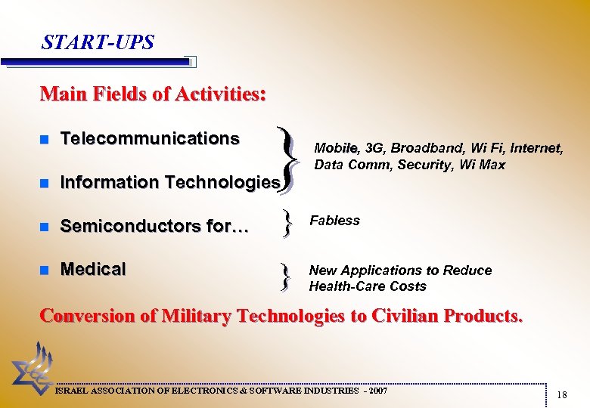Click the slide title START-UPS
click(98, 42)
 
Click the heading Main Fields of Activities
click(153, 94)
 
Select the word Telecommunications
click(150, 139)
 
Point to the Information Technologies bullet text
click(170, 182)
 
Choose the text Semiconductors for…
click(154, 226)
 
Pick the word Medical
click(93, 269)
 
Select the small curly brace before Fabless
click(286, 224)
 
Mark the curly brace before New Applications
click(285, 277)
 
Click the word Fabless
click(334, 221)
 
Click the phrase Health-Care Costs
click(368, 286)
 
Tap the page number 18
click(561, 395)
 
